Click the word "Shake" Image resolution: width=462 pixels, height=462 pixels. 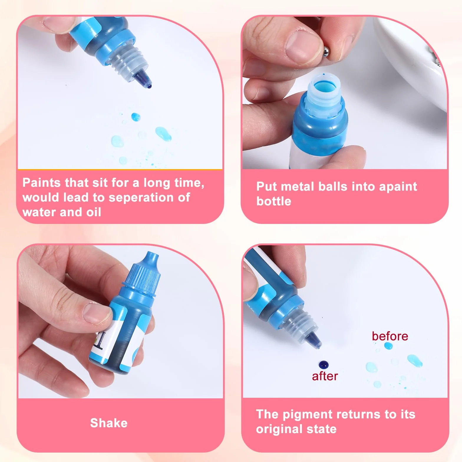(109, 423)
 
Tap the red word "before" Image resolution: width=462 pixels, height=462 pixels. (390, 336)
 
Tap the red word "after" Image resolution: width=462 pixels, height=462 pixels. (325, 376)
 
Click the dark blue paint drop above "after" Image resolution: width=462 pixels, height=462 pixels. (324, 365)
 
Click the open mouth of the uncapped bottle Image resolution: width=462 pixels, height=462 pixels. (324, 88)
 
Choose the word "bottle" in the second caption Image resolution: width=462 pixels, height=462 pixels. (274, 201)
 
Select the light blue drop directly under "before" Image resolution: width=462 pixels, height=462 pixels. (388, 346)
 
